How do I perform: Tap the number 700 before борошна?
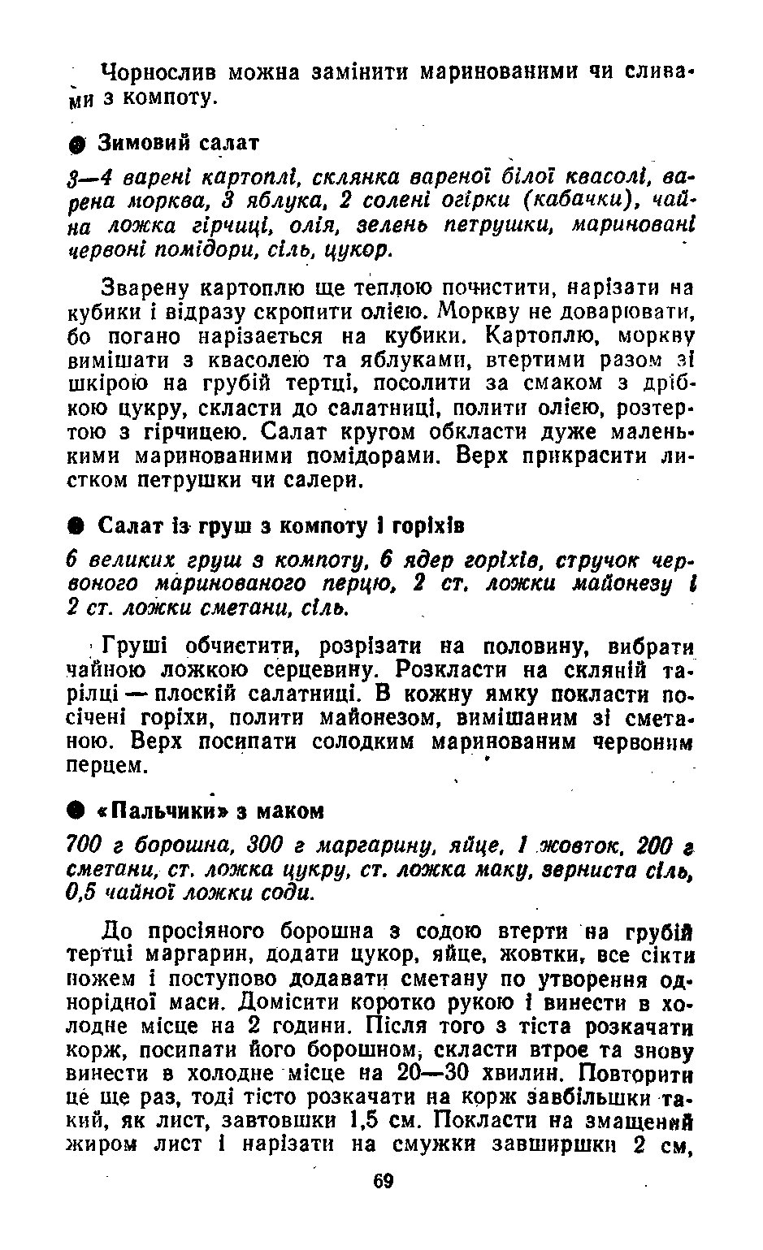pos(82,845)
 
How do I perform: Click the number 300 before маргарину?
pos(268,845)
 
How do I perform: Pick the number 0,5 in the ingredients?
pos(81,892)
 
